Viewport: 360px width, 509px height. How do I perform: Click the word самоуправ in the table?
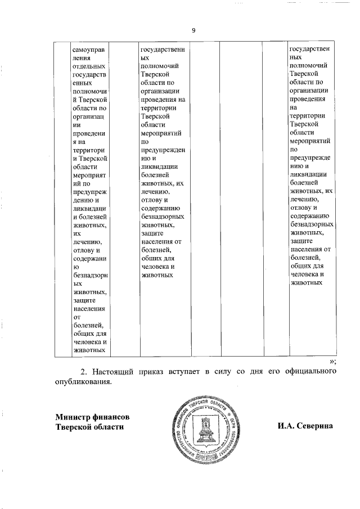[89, 48]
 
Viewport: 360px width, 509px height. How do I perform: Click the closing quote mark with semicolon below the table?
[333, 361]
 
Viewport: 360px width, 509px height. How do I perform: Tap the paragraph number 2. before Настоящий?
[85, 372]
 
